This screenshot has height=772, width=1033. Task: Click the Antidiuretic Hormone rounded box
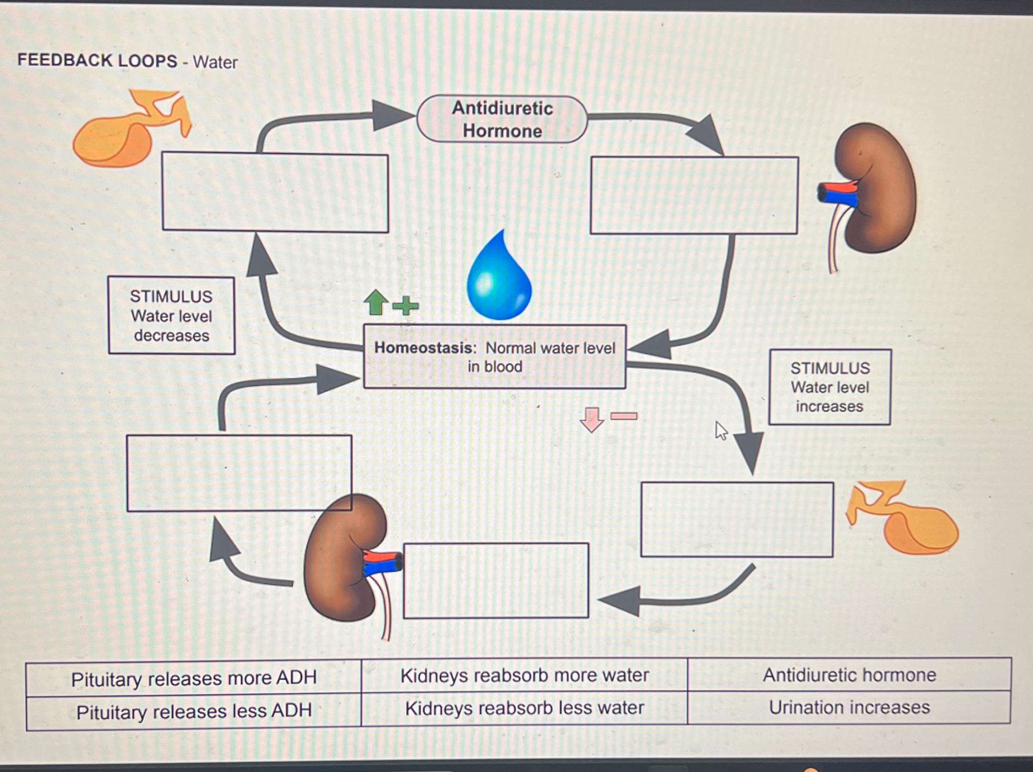(502, 120)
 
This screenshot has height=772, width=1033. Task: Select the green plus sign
(406, 305)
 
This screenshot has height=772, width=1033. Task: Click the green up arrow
(376, 302)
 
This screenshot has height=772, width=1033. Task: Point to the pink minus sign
(624, 416)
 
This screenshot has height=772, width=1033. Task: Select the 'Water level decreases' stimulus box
(171, 315)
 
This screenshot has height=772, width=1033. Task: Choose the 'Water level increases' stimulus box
(830, 387)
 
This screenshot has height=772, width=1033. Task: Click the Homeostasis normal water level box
(494, 357)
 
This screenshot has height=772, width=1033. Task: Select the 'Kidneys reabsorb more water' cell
(525, 675)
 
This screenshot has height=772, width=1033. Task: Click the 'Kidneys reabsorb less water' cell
(525, 708)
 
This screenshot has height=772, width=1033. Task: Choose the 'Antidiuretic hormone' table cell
(849, 675)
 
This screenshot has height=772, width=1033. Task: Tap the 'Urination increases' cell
(849, 707)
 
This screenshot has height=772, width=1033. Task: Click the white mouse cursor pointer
(721, 431)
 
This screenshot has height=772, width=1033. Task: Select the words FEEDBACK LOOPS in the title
(97, 61)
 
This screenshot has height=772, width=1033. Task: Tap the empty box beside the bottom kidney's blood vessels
(496, 580)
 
